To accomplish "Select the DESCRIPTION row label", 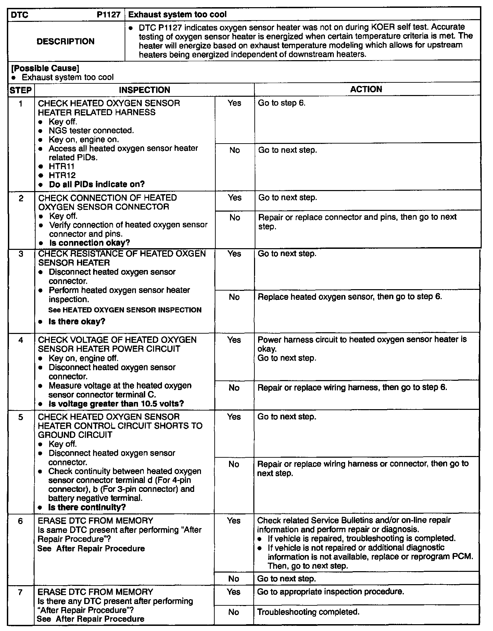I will tap(65, 41).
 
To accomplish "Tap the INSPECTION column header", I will tap(144, 90).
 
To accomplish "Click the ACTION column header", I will tap(366, 89).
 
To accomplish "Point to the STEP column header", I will tap(21, 90).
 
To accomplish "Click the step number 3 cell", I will tap(21, 254).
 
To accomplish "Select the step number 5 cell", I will tap(21, 417).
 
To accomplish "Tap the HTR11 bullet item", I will tap(61, 166).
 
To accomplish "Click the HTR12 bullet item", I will tap(62, 175).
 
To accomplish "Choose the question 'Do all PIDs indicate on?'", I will tap(97, 184).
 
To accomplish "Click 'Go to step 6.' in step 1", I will tap(281, 103).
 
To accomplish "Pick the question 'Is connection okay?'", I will tap(89, 243).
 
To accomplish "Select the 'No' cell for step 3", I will tap(234, 297).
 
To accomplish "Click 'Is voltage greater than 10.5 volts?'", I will tap(116, 404).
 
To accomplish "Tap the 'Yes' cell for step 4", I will tap(234, 340).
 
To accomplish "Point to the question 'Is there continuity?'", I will tap(87, 507).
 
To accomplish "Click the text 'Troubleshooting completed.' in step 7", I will tap(308, 612).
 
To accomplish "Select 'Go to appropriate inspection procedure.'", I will tap(330, 592).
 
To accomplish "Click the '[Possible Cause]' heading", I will tap(43, 68).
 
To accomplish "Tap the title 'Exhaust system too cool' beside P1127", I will tap(177, 15).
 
